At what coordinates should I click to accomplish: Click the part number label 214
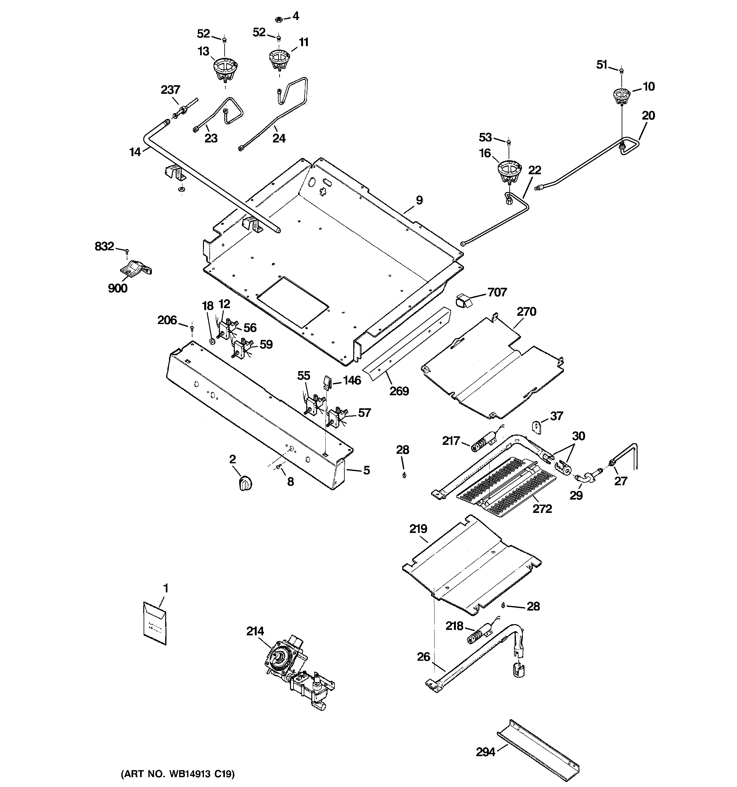click(255, 631)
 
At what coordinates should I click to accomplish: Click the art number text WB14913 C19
click(177, 774)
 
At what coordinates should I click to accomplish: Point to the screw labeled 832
click(127, 251)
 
